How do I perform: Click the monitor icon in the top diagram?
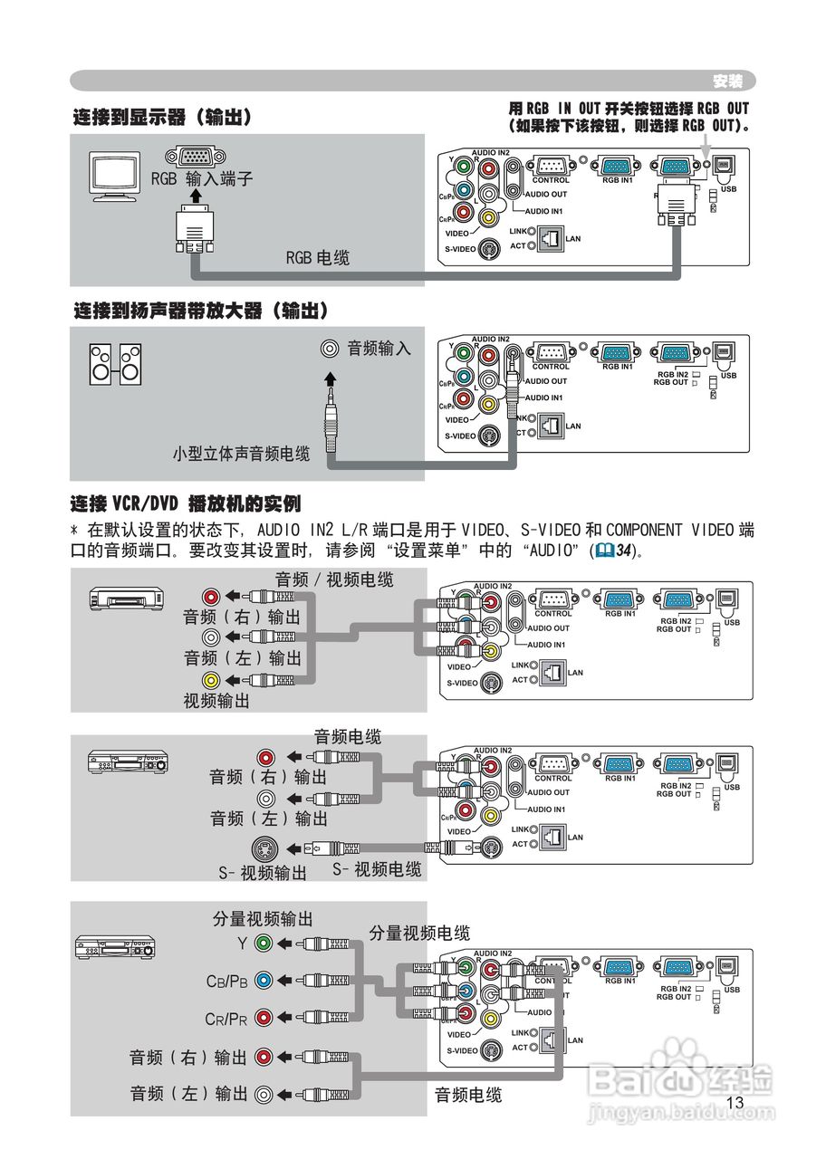[115, 174]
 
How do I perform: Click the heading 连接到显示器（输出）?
[162, 118]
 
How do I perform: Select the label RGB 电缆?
[317, 258]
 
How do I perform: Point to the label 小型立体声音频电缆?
[241, 454]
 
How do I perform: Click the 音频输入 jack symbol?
[331, 349]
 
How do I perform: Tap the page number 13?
[735, 1102]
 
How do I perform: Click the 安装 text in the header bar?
[727, 81]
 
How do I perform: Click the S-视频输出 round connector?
[264, 849]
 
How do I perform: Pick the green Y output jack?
[264, 943]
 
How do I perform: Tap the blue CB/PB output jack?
[264, 980]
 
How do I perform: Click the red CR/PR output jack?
[264, 1017]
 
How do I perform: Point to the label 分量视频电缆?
[419, 933]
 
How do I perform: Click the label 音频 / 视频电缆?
[334, 579]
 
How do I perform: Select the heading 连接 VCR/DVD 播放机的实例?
[186, 503]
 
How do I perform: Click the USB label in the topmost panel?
[730, 188]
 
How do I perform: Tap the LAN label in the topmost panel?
[572, 239]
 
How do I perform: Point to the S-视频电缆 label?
[377, 869]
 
